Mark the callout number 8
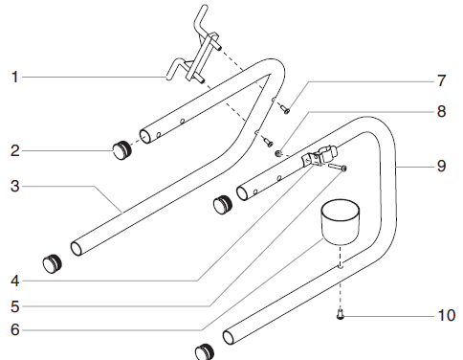coord(441,110)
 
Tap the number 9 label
coord(441,165)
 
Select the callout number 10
coord(446,314)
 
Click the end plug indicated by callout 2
coord(121,148)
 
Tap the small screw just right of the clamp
coord(342,168)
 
